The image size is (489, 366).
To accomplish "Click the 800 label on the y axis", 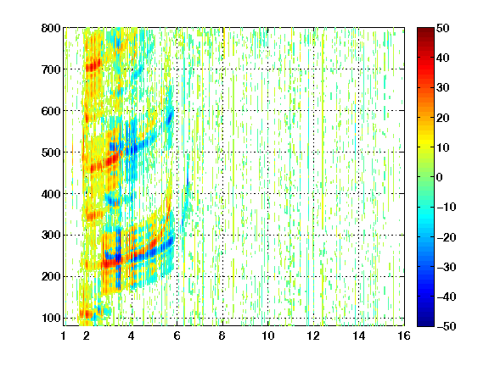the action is coord(51,28).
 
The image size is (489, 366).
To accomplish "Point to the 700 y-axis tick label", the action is coord(51,69).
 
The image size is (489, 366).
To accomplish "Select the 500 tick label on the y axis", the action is coord(51,152).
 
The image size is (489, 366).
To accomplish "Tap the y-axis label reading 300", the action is coord(51,236).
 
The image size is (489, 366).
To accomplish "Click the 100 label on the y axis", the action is coord(51,318).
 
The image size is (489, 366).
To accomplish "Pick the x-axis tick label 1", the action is coord(64,335).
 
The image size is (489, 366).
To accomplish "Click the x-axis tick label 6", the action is coord(177,335).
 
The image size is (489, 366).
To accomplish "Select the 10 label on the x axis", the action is coord(268,335).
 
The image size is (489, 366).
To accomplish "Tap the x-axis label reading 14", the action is coord(359,335).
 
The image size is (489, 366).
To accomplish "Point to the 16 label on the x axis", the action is coord(404,335).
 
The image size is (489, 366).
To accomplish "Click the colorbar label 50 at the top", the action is coord(443,28).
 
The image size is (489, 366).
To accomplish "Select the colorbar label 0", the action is coord(440,177).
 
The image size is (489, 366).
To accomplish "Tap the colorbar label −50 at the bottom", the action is coord(447,326).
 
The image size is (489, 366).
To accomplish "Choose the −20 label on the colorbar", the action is coord(447,237).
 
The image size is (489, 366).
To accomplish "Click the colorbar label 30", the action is coord(443,88).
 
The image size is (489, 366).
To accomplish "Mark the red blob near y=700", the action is coord(93,65).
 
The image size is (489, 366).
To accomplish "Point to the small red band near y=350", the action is coord(94,215).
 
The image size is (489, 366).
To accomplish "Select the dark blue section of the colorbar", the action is coord(425,318).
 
